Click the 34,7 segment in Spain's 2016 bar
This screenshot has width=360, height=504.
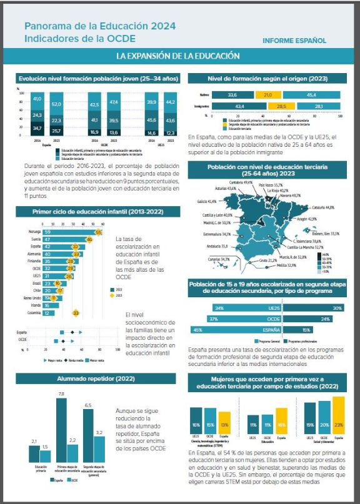(37, 129)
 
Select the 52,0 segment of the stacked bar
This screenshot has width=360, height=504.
(56, 104)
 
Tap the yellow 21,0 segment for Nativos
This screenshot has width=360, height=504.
(267, 94)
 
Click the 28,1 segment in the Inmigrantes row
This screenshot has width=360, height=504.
(318, 107)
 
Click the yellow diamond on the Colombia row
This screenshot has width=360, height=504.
(76, 312)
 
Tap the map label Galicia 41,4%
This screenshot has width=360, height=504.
(206, 202)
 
